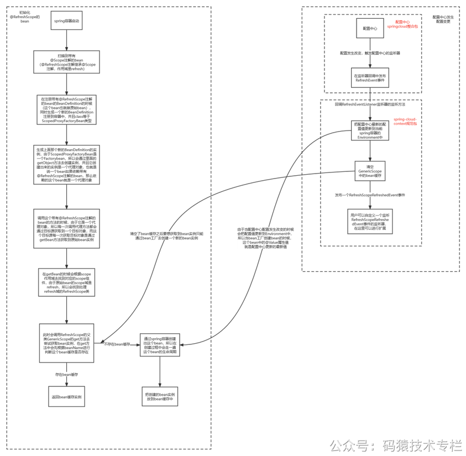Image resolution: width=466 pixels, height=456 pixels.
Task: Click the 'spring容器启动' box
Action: [x=66, y=20]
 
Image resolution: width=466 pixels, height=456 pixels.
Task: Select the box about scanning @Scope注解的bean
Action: [x=66, y=62]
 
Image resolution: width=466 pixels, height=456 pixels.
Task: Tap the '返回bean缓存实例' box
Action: [x=66, y=397]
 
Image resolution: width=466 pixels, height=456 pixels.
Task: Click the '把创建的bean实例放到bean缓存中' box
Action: [x=160, y=396]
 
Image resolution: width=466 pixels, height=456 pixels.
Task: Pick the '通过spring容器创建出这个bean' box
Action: [x=160, y=344]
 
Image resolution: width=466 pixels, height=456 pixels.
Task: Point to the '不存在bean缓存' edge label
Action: [x=117, y=344]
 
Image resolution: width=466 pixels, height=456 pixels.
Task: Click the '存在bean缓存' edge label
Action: [x=66, y=374]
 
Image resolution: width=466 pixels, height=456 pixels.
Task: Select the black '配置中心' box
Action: [x=370, y=28]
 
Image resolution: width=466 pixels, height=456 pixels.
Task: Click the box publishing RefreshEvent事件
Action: [x=370, y=77]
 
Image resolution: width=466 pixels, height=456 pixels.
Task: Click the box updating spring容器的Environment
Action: [x=370, y=131]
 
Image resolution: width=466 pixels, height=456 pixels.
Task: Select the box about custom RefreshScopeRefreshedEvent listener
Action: [x=370, y=221]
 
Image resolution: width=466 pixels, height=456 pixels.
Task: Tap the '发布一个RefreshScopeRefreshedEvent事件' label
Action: [x=370, y=195]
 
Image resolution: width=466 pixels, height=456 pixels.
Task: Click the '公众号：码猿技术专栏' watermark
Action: [x=396, y=444]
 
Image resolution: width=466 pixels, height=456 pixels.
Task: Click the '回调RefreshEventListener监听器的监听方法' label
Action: [x=370, y=104]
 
